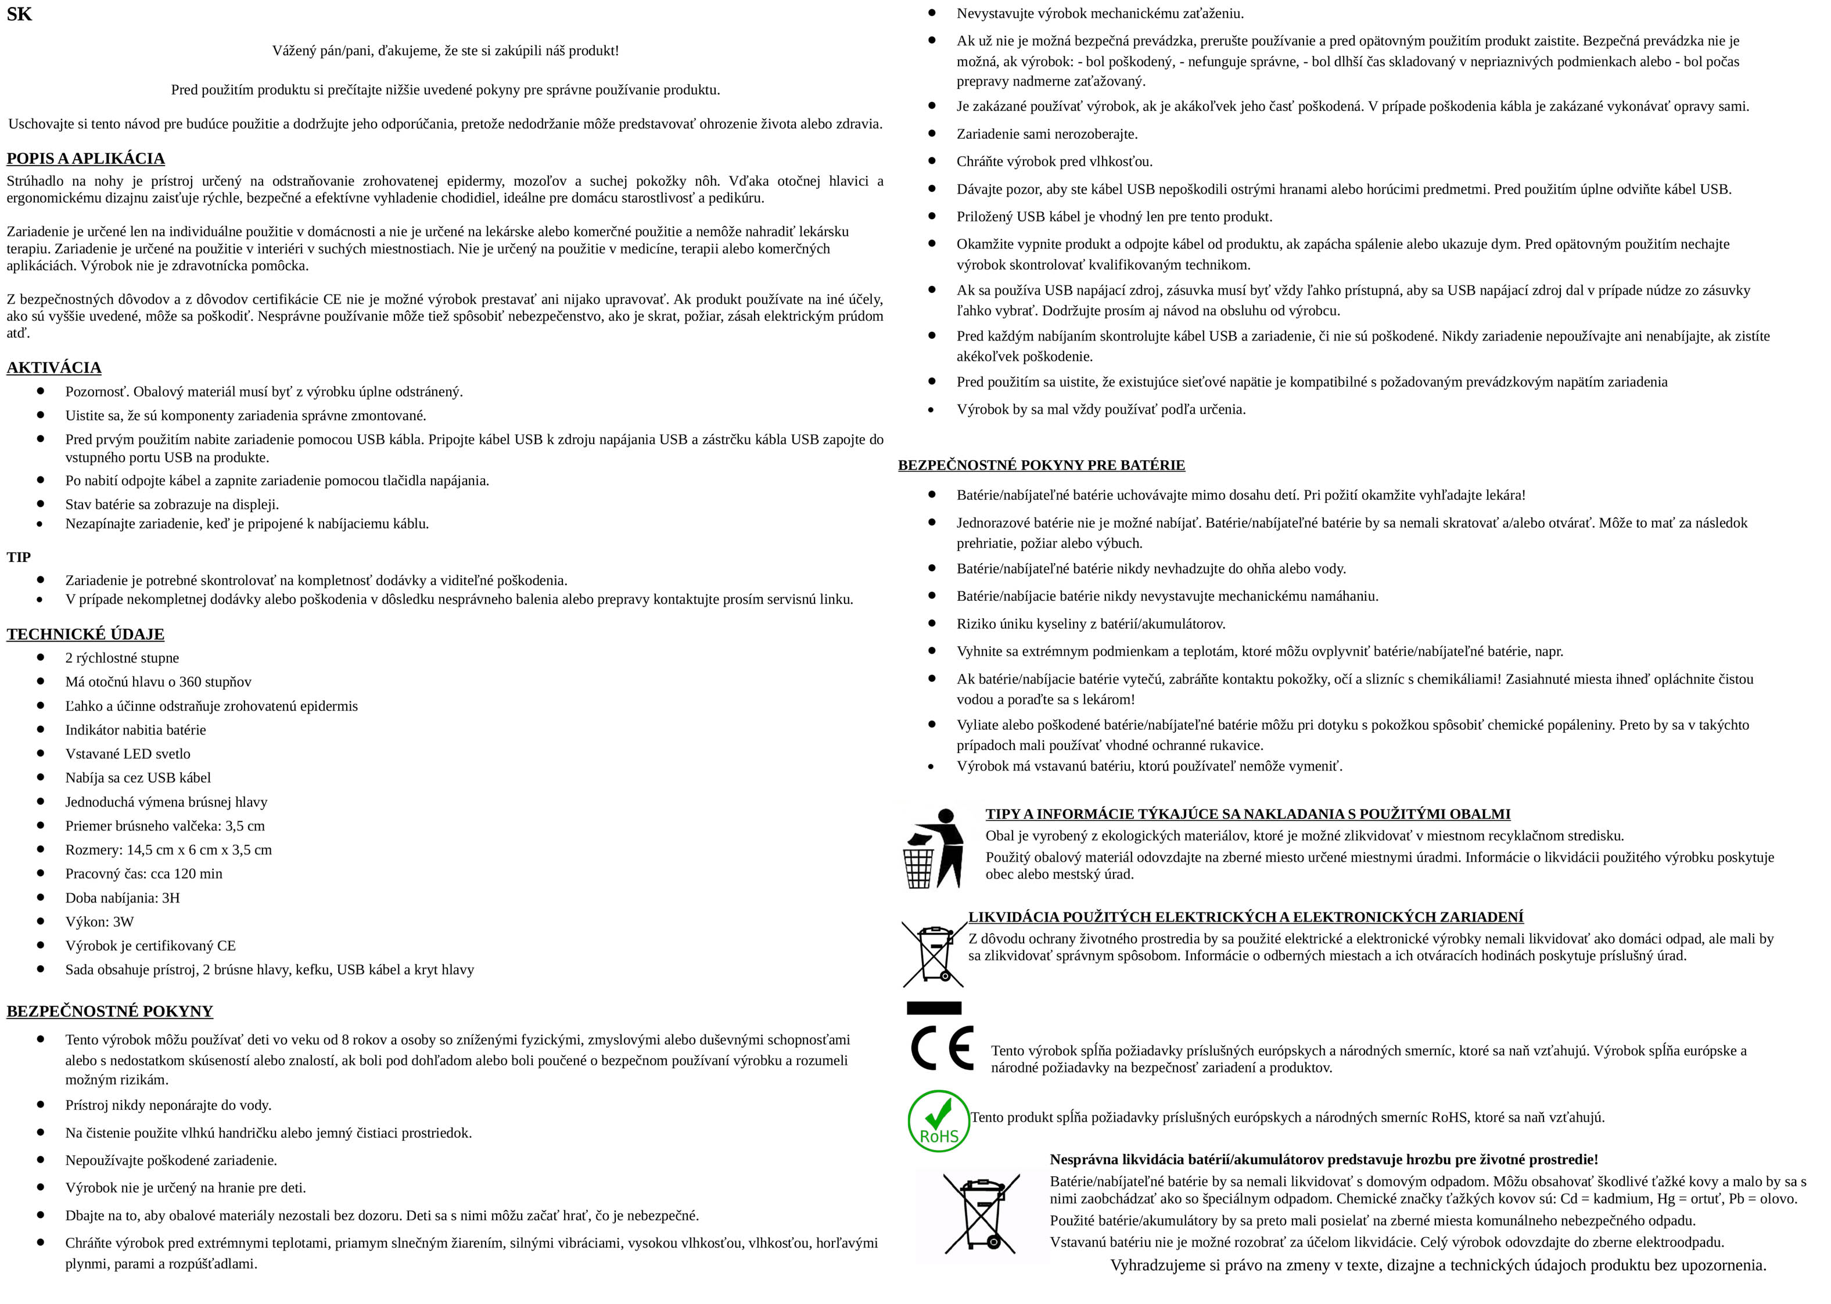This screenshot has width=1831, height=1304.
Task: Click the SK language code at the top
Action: coord(19,15)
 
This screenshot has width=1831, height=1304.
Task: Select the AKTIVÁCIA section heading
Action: coord(54,368)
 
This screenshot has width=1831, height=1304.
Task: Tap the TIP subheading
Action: coord(19,557)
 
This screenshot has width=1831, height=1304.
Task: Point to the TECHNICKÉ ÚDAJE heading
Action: coord(85,635)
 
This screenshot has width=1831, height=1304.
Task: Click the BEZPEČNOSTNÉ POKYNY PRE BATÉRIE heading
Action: coord(1041,465)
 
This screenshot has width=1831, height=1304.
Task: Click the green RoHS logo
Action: coord(938,1121)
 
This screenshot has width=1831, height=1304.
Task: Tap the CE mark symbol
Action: coord(942,1048)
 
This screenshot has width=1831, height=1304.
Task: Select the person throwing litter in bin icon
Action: coord(934,849)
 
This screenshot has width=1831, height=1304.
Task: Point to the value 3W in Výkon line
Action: coord(124,922)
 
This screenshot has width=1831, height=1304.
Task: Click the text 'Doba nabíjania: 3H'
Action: coord(122,898)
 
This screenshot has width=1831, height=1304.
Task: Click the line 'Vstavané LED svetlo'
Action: coord(128,754)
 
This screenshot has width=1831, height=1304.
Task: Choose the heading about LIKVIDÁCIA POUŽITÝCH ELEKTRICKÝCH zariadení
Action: coord(1245,917)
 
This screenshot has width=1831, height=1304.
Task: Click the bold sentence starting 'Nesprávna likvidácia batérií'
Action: coord(1324,1159)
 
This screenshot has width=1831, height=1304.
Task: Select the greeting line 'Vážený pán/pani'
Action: coord(446,51)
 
